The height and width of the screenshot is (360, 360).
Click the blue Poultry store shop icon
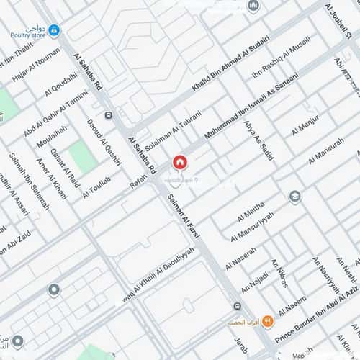[54, 30]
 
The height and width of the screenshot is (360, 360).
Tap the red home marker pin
[179, 163]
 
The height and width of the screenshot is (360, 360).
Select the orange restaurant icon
[267, 320]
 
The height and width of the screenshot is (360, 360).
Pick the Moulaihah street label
[55, 139]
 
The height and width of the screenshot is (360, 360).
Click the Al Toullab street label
[96, 186]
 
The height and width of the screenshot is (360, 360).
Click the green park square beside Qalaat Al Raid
[84, 156]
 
